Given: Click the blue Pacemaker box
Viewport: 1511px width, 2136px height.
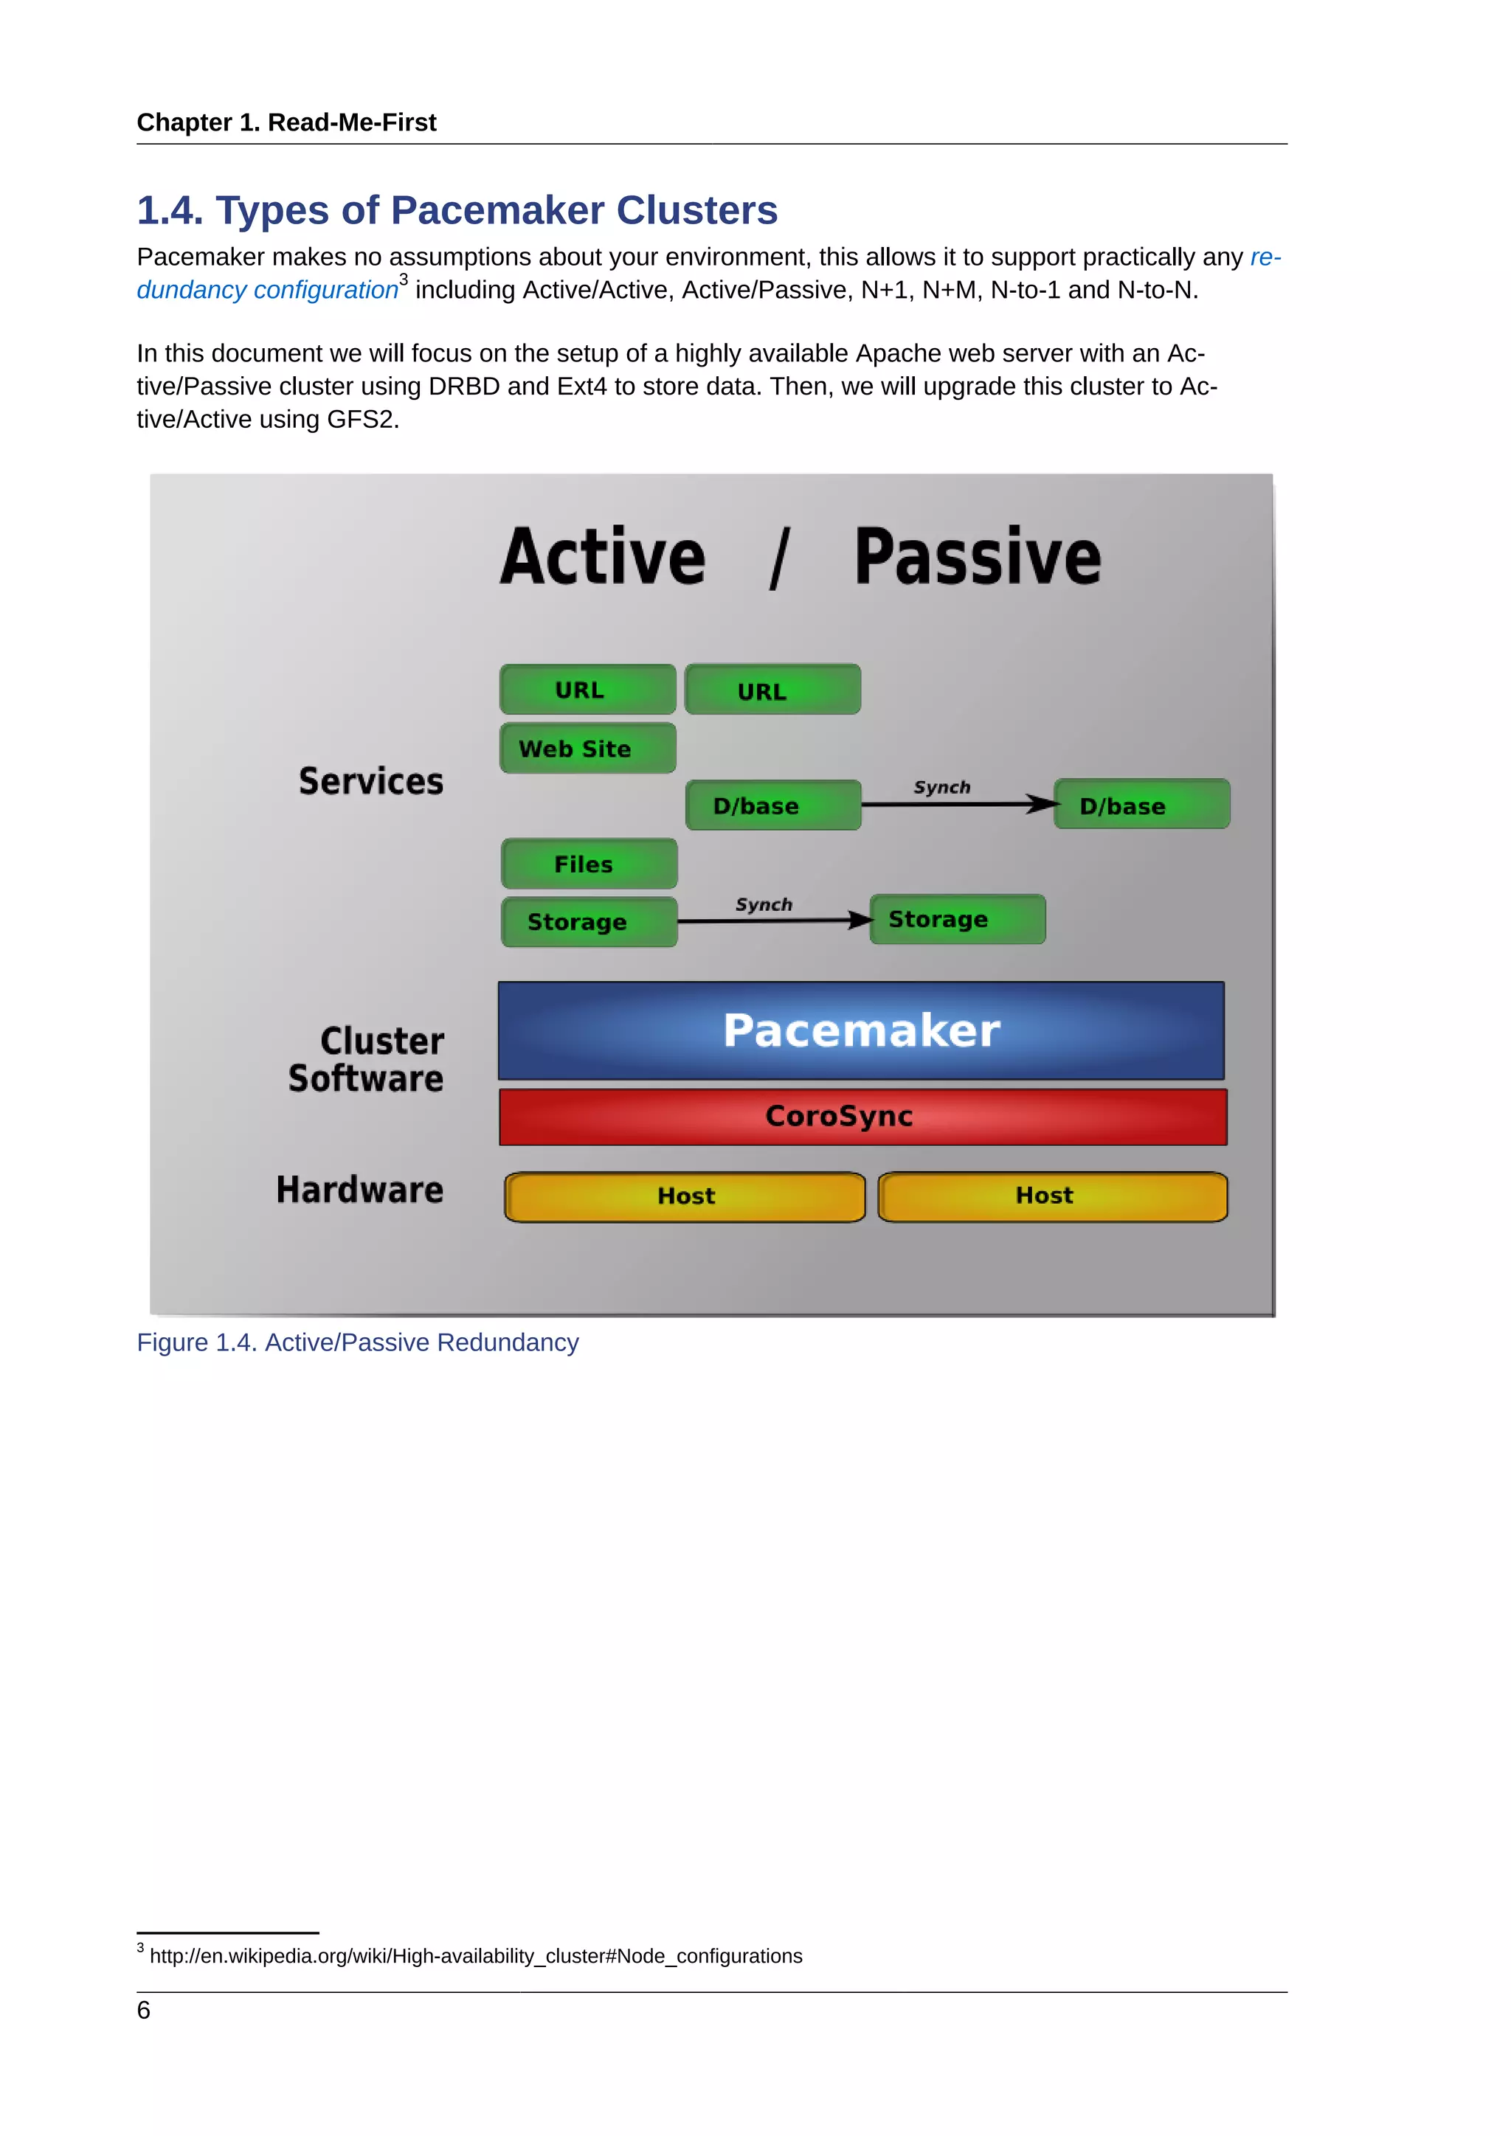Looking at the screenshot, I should [x=861, y=1030].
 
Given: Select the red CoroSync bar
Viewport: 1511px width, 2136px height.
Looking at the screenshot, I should [x=862, y=1117].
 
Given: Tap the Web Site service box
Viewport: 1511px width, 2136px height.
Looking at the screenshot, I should [x=587, y=748].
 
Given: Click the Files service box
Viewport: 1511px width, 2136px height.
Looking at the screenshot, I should [x=588, y=864].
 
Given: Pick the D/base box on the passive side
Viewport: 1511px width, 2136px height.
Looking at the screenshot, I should [x=1141, y=805].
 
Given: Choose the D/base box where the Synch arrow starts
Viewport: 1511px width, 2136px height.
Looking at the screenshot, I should [x=772, y=805].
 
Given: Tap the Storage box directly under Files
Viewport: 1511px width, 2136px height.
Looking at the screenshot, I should [x=588, y=921].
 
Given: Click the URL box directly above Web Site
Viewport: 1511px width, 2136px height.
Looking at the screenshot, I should [x=587, y=690].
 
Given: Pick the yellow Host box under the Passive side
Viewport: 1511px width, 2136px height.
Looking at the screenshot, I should [x=1052, y=1196].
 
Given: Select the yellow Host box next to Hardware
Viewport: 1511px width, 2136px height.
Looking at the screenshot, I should [x=685, y=1196].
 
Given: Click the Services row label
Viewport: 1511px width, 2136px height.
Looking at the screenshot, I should [x=370, y=782].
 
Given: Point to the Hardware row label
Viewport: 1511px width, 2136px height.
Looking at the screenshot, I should [x=359, y=1190].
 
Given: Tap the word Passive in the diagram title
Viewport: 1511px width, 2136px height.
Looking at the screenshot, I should [x=977, y=558].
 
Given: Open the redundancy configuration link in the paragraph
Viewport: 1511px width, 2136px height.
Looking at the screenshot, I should [x=267, y=291].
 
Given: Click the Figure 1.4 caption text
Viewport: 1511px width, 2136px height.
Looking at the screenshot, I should [x=357, y=1342].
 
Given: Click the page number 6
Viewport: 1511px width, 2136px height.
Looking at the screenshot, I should [x=143, y=2011].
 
